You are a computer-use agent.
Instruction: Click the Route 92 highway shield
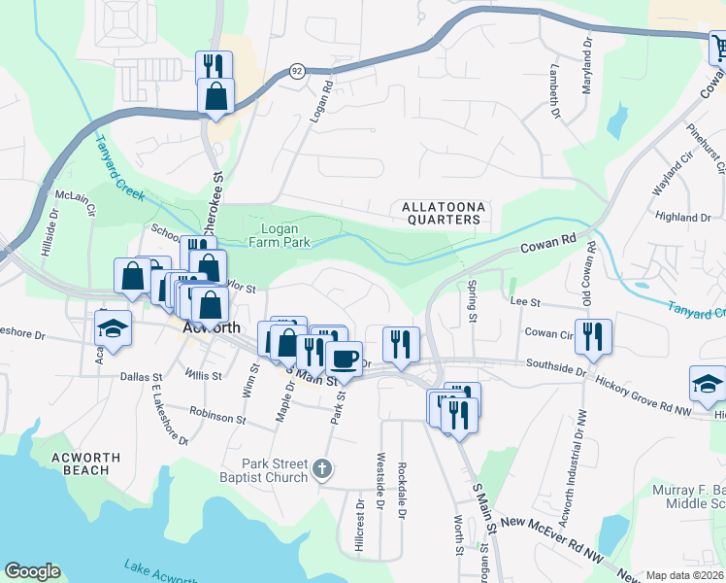[297, 71]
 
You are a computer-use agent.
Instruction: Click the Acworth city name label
[212, 328]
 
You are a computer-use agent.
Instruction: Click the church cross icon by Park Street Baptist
[323, 470]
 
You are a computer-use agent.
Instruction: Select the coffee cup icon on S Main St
[344, 359]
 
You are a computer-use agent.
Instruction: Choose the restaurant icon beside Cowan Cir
[593, 335]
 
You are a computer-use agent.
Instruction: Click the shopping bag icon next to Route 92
[215, 96]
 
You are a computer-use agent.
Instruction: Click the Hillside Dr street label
[52, 237]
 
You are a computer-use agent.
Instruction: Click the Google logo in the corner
[33, 571]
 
